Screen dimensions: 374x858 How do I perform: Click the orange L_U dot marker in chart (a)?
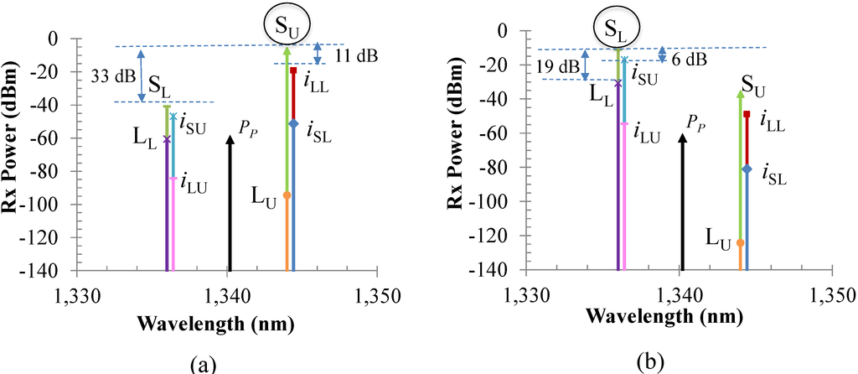[287, 195]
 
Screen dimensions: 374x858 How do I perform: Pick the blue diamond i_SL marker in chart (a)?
[293, 124]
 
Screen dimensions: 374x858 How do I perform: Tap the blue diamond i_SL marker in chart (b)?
[747, 169]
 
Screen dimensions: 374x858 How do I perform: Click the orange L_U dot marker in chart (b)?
[740, 243]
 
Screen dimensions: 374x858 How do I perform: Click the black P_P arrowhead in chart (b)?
[682, 138]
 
